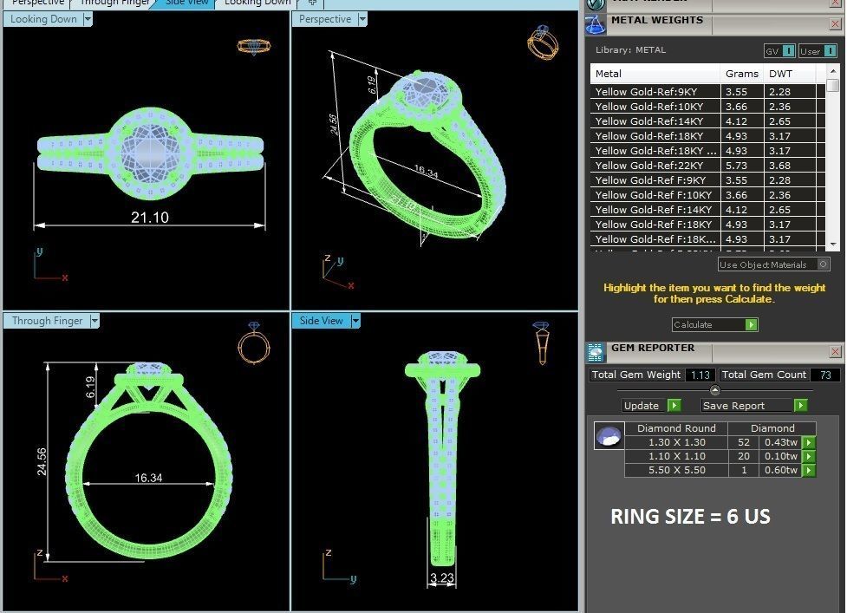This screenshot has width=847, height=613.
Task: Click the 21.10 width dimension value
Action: coord(149,217)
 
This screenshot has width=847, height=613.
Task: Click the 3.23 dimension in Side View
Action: coord(442,578)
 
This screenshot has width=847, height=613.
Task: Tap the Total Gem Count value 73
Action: coord(824,375)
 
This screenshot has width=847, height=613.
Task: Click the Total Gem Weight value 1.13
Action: coord(700,375)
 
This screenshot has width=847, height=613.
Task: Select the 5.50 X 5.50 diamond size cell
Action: coord(676,470)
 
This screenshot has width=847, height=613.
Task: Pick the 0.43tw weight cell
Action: coord(779,442)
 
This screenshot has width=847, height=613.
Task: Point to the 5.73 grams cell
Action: coord(736,166)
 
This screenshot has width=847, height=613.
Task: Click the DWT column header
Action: coord(780,74)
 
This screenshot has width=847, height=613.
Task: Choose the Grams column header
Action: coord(741,74)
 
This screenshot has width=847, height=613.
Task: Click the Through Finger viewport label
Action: coord(48,321)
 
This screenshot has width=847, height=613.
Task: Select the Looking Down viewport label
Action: coord(43,19)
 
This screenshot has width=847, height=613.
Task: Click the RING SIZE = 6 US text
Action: coord(690,517)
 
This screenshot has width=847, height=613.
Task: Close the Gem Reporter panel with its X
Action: coord(835,351)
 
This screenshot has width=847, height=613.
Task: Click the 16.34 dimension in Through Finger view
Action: coord(148,478)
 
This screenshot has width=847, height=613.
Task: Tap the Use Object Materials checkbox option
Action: coord(823,264)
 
